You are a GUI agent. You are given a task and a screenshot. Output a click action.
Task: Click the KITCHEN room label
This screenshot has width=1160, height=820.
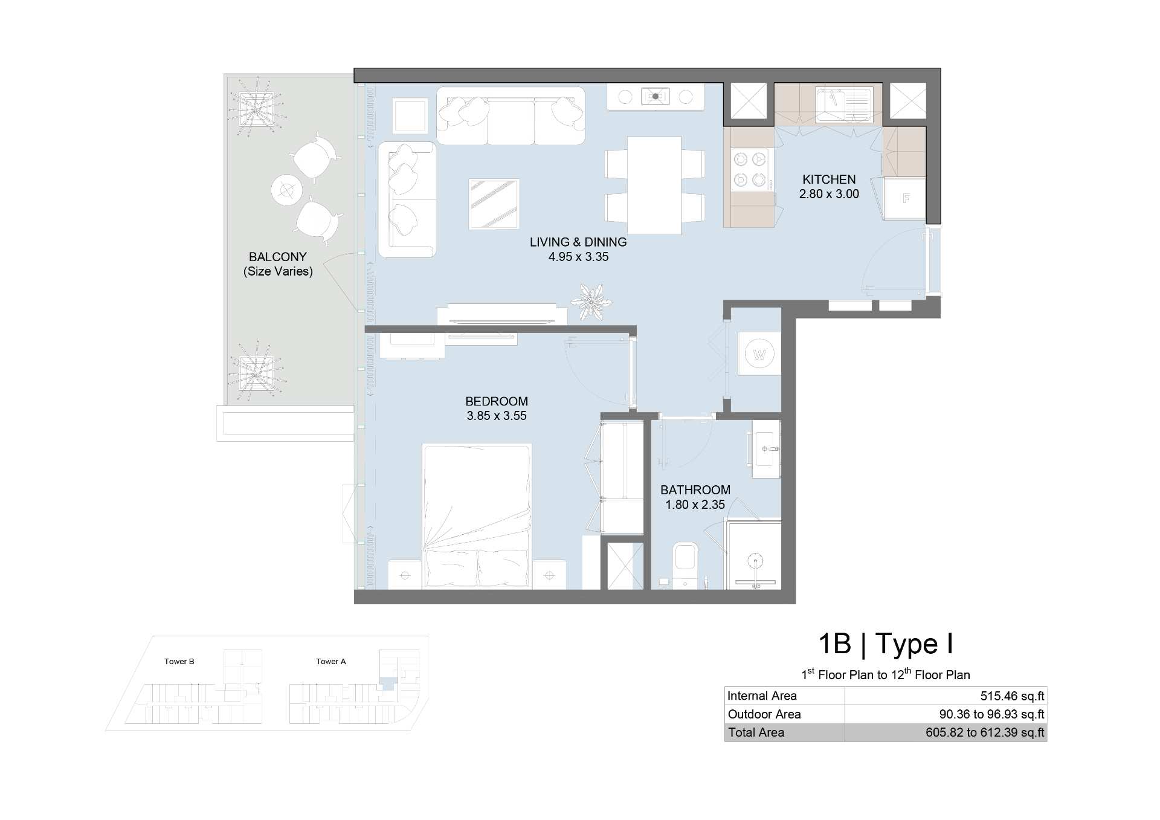click(x=829, y=179)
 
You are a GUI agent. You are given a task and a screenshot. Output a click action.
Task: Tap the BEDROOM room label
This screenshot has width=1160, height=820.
click(x=497, y=401)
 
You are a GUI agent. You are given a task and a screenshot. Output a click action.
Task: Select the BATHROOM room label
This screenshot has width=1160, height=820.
click(x=695, y=490)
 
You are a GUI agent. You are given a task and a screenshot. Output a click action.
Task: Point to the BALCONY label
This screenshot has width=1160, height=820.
click(x=278, y=257)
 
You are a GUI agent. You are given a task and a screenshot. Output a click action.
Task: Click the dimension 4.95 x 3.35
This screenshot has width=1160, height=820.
click(x=578, y=257)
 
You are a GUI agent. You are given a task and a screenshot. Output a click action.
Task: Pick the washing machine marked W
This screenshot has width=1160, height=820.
click(x=759, y=354)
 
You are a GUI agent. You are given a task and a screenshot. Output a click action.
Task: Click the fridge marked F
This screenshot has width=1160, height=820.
click(x=905, y=198)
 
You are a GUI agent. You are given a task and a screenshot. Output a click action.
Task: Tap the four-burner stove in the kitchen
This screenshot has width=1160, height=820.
click(x=750, y=170)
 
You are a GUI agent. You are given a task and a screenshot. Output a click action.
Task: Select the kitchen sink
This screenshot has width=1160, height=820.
click(x=843, y=105)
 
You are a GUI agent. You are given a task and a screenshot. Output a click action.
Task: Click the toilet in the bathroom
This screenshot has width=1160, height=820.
click(x=685, y=564)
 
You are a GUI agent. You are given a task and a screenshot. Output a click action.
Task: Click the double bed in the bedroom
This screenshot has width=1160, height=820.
click(x=477, y=517)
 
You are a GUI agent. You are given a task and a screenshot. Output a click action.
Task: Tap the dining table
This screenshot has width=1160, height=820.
click(x=654, y=186)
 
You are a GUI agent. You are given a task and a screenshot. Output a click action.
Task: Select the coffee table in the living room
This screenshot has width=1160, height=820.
click(x=494, y=204)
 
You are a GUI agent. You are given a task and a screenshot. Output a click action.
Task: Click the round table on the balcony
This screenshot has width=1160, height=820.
click(x=286, y=190)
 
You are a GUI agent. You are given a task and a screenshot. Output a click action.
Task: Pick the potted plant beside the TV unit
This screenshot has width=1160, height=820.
click(x=590, y=301)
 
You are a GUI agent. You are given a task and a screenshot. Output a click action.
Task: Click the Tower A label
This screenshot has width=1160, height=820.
click(x=331, y=662)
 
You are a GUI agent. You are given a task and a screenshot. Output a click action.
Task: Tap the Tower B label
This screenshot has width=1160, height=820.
click(x=179, y=662)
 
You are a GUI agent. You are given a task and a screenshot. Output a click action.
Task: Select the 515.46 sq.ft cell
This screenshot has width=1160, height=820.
click(x=1012, y=696)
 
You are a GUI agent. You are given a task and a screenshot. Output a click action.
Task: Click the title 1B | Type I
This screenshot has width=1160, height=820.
click(x=886, y=644)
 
